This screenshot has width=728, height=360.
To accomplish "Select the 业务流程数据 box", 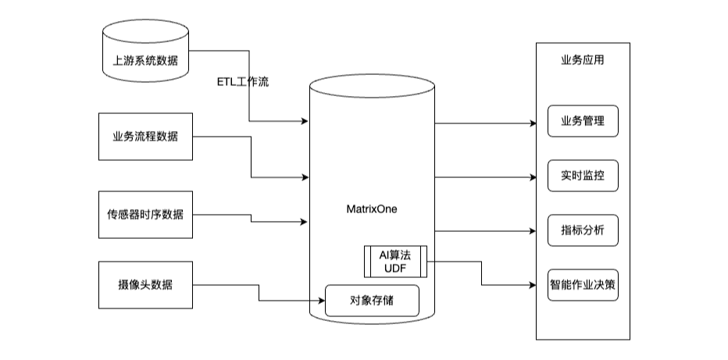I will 145,137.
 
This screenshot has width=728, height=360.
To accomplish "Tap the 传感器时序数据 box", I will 145,213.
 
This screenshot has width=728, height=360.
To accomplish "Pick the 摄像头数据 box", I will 145,284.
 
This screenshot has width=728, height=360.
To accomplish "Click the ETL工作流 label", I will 242,82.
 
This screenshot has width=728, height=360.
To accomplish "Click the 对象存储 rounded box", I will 372,301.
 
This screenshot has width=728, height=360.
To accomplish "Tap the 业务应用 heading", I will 583,60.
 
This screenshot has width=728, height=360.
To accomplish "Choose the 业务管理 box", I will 583,122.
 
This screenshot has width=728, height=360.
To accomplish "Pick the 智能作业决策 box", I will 583,285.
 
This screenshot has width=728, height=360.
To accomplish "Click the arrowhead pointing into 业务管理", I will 532,123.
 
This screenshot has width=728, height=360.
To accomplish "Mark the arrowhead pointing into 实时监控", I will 532,177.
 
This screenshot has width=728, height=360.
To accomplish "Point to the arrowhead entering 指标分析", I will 532,231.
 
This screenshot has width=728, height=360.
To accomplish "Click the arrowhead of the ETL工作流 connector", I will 305,121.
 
